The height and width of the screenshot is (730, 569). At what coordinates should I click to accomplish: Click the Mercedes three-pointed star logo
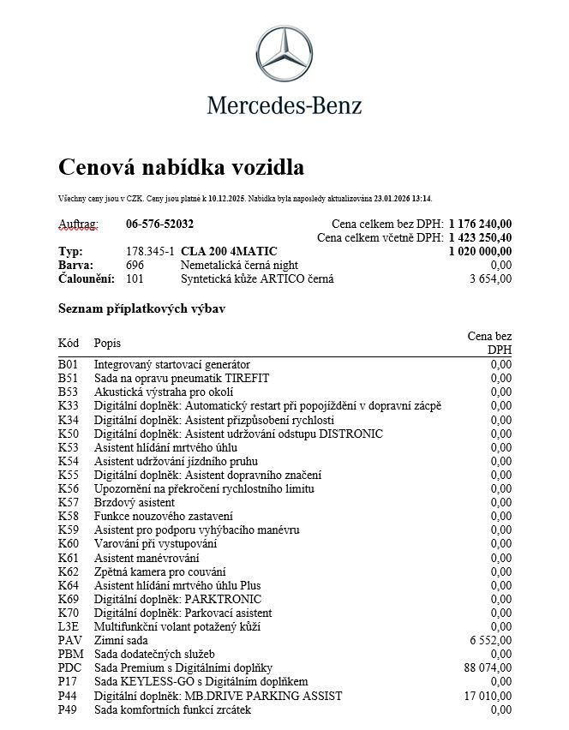(284, 53)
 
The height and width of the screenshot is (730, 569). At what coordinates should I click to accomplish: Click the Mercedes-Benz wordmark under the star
(284, 105)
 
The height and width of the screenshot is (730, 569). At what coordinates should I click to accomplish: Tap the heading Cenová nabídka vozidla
(181, 166)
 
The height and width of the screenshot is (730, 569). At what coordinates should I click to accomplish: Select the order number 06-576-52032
(159, 224)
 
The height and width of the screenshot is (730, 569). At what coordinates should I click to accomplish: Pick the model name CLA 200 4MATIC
(229, 251)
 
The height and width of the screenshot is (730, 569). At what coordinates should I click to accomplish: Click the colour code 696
(135, 265)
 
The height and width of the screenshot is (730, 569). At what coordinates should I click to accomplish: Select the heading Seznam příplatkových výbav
(141, 308)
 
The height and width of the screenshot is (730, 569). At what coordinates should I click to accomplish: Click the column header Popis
(107, 344)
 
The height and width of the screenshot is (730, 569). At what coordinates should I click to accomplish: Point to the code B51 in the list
(68, 378)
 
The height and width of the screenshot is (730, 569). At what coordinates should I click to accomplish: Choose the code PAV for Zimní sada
(69, 640)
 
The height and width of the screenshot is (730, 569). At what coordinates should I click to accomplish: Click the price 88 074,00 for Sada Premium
(488, 667)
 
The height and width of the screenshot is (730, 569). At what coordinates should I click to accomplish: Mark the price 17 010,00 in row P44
(488, 696)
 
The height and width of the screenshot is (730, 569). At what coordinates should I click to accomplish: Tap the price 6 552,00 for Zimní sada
(490, 640)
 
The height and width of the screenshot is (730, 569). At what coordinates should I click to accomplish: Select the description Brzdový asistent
(135, 502)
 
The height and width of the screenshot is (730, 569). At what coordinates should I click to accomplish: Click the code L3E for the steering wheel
(69, 626)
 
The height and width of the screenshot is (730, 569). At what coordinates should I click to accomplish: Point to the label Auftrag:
(78, 224)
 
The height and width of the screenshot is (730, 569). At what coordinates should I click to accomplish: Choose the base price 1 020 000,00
(480, 251)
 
